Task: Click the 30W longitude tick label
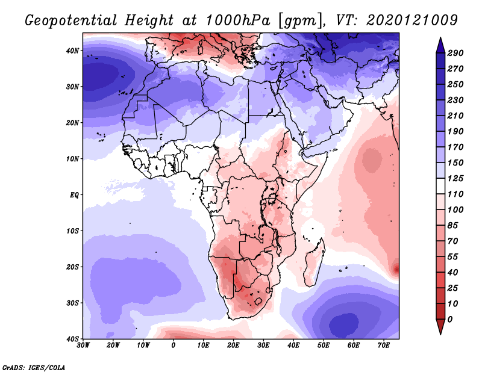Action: [x=83, y=345]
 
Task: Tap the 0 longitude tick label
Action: [x=174, y=345]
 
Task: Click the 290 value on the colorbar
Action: [x=455, y=54]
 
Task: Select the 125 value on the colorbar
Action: [x=455, y=178]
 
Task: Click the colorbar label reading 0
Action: [x=451, y=318]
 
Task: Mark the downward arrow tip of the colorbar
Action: [x=440, y=332]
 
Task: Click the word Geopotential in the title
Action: [x=70, y=20]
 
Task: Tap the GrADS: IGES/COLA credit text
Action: [x=33, y=366]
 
